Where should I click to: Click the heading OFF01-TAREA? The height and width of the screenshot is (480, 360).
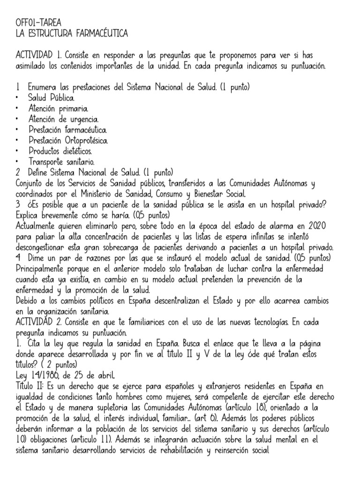coord(38,22)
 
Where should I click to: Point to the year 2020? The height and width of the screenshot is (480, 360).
coord(327,225)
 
